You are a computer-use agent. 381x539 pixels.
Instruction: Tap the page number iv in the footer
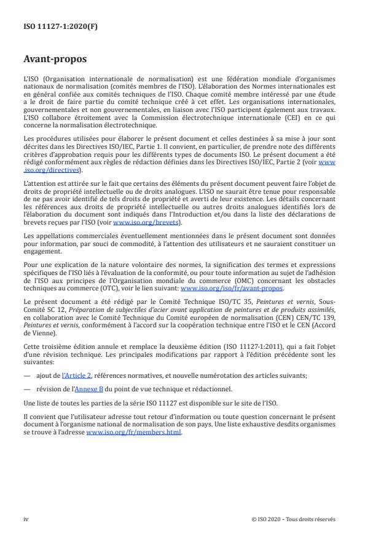pos(26,519)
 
